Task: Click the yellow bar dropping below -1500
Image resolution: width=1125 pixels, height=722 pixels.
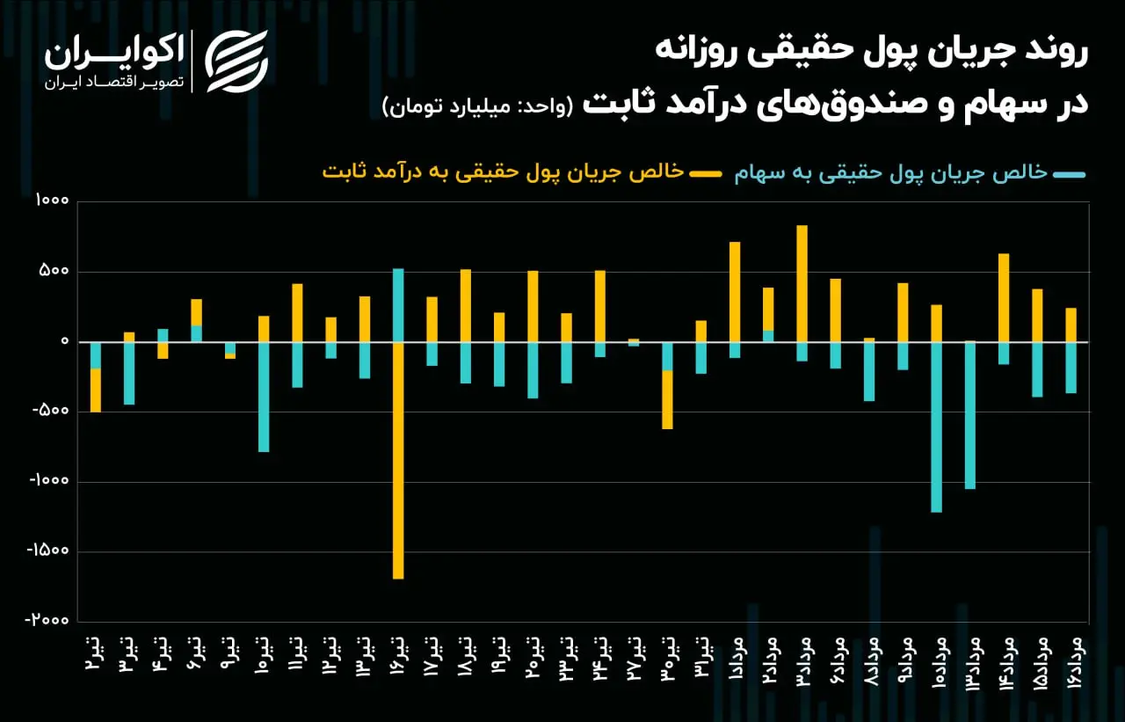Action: point(398,460)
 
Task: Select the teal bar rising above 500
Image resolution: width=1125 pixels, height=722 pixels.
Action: point(398,305)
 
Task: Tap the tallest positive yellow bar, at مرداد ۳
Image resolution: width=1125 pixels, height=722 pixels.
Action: point(802,284)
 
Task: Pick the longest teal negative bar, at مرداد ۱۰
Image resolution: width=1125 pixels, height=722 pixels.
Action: point(937,427)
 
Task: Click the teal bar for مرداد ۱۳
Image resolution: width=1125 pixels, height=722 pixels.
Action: point(970,415)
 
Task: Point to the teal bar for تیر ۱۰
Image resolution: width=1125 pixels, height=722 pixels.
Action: point(264,397)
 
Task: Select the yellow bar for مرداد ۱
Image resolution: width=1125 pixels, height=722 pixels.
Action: point(735,292)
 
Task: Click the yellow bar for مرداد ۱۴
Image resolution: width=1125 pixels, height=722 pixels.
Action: point(1004,298)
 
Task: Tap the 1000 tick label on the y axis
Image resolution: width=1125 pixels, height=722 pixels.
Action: point(52,201)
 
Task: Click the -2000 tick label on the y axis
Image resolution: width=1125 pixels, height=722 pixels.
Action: point(47,620)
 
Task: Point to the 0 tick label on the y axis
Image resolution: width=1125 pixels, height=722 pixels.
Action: point(64,341)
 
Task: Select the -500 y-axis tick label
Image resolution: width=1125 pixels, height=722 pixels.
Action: point(50,411)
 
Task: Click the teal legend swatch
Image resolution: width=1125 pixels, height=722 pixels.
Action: point(1070,175)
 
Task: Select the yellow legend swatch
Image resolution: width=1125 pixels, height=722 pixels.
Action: point(706,174)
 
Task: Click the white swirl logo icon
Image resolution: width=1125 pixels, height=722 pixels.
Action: point(236,62)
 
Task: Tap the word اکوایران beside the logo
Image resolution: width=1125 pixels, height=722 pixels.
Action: point(114,53)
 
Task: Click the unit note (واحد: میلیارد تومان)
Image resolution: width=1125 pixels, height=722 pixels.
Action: point(477,106)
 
